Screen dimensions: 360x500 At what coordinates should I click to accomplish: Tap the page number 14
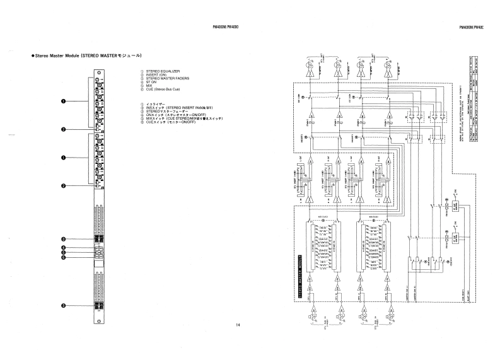[x=238, y=325]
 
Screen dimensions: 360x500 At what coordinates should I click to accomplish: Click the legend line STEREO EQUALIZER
[x=163, y=72]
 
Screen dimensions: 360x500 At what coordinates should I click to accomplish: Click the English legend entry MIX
[x=149, y=86]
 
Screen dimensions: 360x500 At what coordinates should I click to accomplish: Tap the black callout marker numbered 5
[x=63, y=253]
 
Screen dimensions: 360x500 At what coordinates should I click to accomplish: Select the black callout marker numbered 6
[x=63, y=257]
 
